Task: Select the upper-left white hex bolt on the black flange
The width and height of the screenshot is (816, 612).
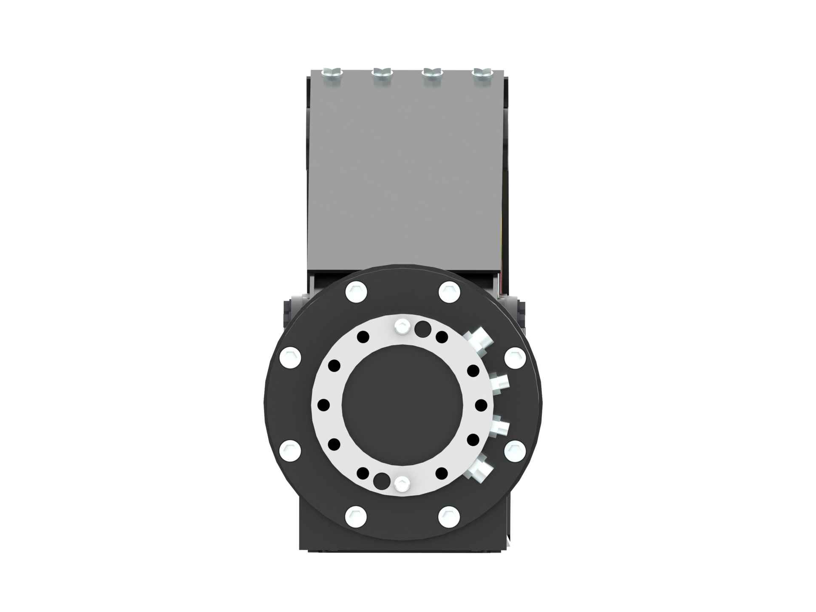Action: [356, 292]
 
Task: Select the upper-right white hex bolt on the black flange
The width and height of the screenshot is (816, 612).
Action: [449, 292]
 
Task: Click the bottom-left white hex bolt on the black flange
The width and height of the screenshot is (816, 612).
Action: [356, 516]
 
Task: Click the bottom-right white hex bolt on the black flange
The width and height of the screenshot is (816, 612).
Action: [449, 516]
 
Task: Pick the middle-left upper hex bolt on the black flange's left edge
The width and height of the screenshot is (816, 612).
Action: [291, 357]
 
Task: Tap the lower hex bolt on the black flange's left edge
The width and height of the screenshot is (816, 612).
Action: [291, 450]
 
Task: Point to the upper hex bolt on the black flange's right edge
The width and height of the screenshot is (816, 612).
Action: [515, 357]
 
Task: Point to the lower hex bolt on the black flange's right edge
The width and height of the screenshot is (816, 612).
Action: [515, 450]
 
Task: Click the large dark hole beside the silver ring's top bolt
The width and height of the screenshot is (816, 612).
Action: [422, 328]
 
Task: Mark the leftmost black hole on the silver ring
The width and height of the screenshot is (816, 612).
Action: [323, 405]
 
